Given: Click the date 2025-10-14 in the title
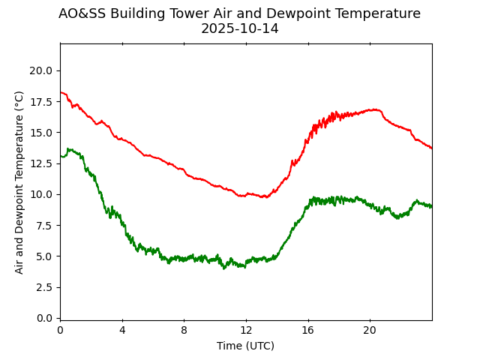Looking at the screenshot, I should point(239,29).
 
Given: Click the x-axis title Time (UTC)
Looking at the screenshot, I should point(245,346).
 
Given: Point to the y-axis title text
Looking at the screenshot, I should point(19,181).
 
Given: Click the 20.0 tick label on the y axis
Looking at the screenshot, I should point(41,70).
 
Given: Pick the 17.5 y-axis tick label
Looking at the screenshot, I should point(41,101).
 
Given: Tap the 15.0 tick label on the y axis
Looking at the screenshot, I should point(41,133).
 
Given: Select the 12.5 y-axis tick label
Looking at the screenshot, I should point(41,163).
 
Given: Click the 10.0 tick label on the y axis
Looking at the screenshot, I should point(41,194).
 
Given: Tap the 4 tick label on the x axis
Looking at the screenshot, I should point(122,330).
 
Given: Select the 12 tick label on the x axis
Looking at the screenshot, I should point(246,330).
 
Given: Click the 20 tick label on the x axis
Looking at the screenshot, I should point(370,330).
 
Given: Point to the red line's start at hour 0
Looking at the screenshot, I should point(61,92).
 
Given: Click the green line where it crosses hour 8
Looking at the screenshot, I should point(184,259).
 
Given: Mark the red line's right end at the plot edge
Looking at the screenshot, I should point(431,148).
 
